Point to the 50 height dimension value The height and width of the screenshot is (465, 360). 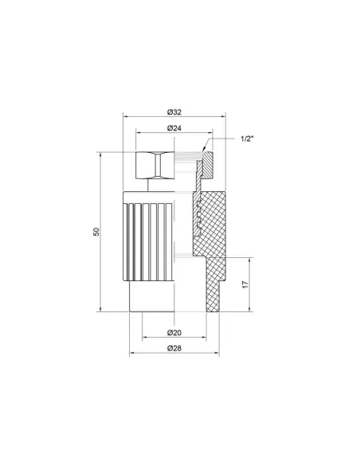[x=96, y=232]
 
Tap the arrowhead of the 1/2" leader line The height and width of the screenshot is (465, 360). [x=205, y=149]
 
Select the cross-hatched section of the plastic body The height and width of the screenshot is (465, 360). [x=213, y=231]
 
